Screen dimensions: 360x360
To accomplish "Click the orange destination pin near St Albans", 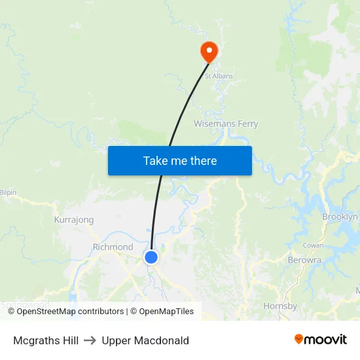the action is coord(209,52).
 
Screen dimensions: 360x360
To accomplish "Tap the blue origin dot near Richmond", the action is coord(151,257).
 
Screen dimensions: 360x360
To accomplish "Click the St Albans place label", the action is coord(219,76).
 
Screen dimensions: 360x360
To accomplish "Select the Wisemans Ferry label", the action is coord(226,124).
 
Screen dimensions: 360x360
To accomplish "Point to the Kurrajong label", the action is coord(74,220).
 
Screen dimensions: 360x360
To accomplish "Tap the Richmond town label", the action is coord(113,247).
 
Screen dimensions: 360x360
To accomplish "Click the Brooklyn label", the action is coord(340,217).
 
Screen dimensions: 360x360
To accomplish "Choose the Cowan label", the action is coord(313,245).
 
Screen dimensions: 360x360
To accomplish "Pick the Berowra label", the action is coord(304,260).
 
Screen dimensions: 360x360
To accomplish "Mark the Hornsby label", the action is coord(280,306).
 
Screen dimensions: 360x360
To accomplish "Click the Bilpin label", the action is coord(8,192).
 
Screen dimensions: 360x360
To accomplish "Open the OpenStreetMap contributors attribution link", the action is coord(70,312).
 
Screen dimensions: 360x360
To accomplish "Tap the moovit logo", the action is coord(321,340).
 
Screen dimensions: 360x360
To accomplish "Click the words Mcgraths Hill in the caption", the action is coord(46,340).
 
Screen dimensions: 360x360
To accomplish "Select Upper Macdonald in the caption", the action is coord(145,340).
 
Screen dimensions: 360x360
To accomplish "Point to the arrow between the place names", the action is coord(90,340).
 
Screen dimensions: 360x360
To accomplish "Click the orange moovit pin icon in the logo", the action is coord(299,339).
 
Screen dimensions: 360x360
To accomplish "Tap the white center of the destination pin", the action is coord(209,48).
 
